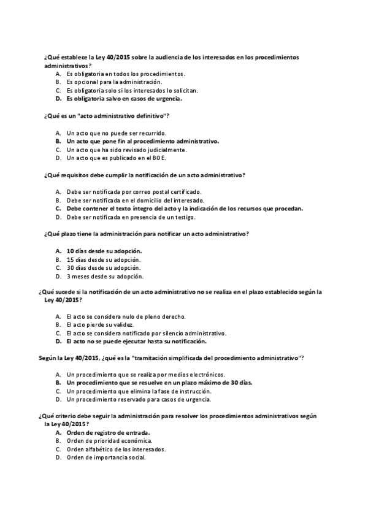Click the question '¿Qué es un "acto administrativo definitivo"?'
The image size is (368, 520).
107,116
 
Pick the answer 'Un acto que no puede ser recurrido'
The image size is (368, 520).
117,132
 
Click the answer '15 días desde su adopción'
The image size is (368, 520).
104,259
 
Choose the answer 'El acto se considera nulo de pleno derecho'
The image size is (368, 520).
126,316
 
